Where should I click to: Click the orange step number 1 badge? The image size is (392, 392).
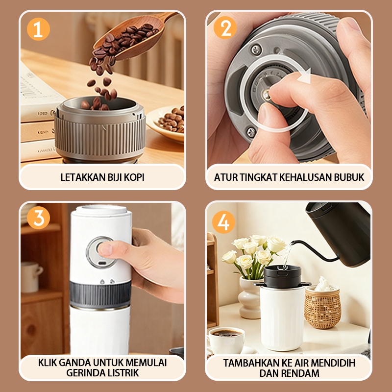[38, 29]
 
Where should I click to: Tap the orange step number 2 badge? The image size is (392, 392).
[225, 28]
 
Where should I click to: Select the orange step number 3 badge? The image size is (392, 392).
[38, 218]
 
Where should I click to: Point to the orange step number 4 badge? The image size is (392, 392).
[224, 222]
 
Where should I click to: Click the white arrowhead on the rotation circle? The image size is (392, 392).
[304, 76]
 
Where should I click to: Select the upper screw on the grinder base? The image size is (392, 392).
[256, 49]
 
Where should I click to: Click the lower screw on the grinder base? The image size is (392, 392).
[251, 132]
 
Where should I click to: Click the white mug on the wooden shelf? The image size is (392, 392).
[31, 277]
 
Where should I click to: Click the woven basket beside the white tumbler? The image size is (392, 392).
[322, 307]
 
